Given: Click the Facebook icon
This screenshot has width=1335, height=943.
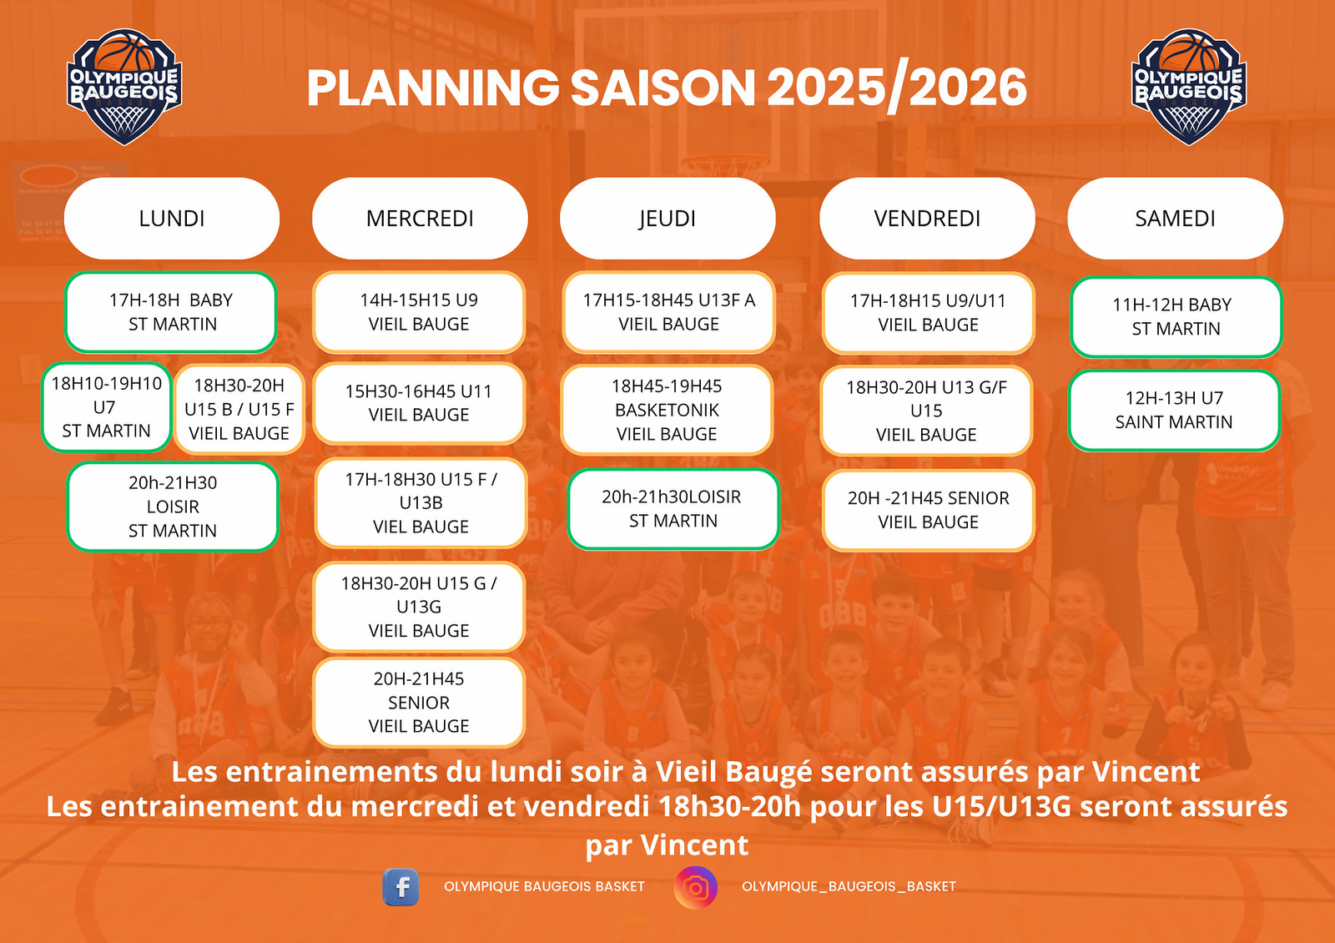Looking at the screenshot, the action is point(400,887).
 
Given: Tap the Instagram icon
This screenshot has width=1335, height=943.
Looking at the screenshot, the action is point(696,888).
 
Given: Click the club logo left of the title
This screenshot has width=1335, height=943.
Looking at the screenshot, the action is point(124,87).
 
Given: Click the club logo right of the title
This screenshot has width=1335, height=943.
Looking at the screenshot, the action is point(1189,87).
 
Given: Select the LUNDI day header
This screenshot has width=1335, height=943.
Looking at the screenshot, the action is point(172,218).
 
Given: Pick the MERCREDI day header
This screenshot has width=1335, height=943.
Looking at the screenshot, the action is point(420,218).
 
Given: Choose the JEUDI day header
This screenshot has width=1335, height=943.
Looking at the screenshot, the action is point(667,218).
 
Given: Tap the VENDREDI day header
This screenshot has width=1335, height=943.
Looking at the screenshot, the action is point(927,218).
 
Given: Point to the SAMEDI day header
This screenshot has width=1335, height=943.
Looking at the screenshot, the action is point(1176,218).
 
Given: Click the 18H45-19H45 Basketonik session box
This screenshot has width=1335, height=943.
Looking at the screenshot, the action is point(667,410).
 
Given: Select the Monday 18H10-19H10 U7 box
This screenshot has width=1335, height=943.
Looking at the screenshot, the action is point(107,407).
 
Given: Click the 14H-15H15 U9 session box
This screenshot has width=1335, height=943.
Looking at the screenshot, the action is point(419,312).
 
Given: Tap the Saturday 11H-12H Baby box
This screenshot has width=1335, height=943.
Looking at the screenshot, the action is point(1176,316).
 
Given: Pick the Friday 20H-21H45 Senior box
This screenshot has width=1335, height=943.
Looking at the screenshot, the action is point(928,510).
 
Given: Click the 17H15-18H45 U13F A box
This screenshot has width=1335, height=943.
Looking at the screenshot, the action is point(668,312).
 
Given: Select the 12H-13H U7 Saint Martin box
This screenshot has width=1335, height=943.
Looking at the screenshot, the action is point(1174,410).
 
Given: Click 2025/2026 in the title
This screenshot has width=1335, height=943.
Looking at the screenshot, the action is point(897,88).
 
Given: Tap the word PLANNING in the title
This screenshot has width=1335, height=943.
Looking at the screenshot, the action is point(433,88).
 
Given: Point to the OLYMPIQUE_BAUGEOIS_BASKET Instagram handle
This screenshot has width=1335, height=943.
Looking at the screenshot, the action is point(849,886).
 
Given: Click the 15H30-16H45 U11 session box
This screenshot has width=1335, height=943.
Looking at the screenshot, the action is point(419,403).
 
